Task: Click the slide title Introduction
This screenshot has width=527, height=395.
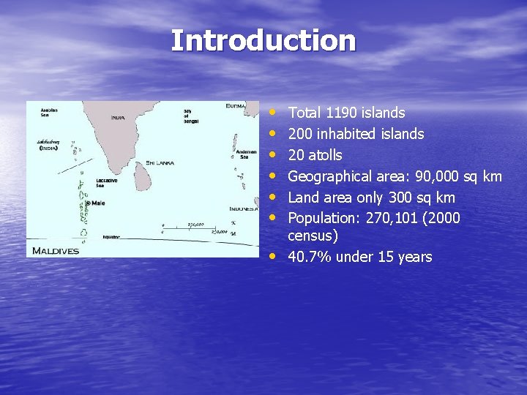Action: click(263, 40)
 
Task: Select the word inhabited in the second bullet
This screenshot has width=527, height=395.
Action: click(348, 134)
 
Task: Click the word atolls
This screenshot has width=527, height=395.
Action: click(324, 155)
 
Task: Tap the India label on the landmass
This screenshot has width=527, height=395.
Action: click(118, 117)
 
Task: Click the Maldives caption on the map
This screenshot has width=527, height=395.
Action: click(56, 251)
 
